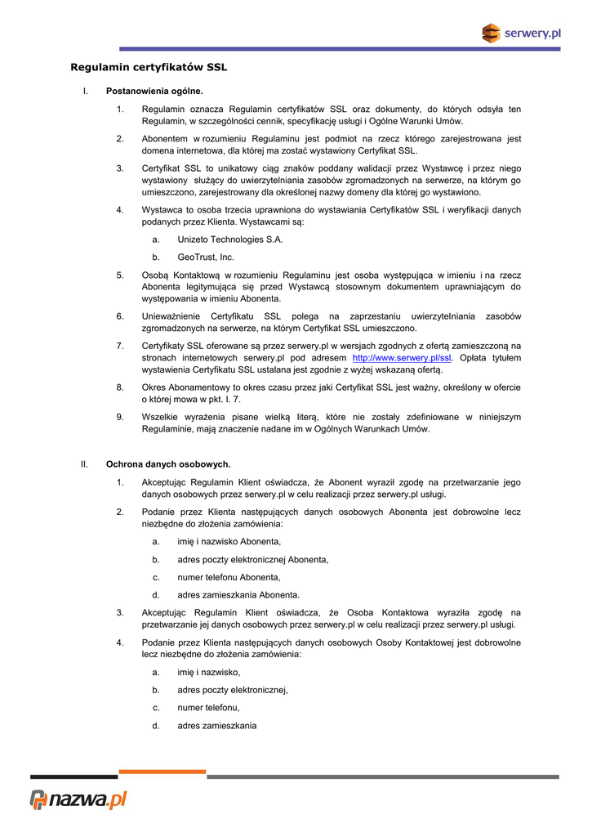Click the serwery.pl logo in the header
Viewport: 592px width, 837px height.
[x=520, y=34]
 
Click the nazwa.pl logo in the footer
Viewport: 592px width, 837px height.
[x=79, y=799]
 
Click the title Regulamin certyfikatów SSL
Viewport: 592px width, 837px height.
[x=149, y=67]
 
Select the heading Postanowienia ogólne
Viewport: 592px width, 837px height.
[x=154, y=91]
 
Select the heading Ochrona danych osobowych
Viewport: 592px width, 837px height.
[x=168, y=464]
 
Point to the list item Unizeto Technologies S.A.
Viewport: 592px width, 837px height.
[x=230, y=239]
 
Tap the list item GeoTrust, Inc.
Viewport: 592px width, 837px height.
[x=206, y=257]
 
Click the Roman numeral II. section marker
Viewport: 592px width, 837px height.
[x=84, y=464]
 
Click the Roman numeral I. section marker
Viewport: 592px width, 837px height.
[x=85, y=91]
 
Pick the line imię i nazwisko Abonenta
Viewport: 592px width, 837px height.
[x=229, y=542]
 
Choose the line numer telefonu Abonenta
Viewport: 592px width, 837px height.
[x=223, y=577]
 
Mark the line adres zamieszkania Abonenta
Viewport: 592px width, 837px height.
[x=238, y=595]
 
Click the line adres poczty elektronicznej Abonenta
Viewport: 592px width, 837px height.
[x=252, y=560]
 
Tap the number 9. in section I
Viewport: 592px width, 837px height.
[x=120, y=417]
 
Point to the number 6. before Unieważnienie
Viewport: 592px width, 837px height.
[x=120, y=316]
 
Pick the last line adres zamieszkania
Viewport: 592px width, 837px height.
[x=216, y=725]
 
